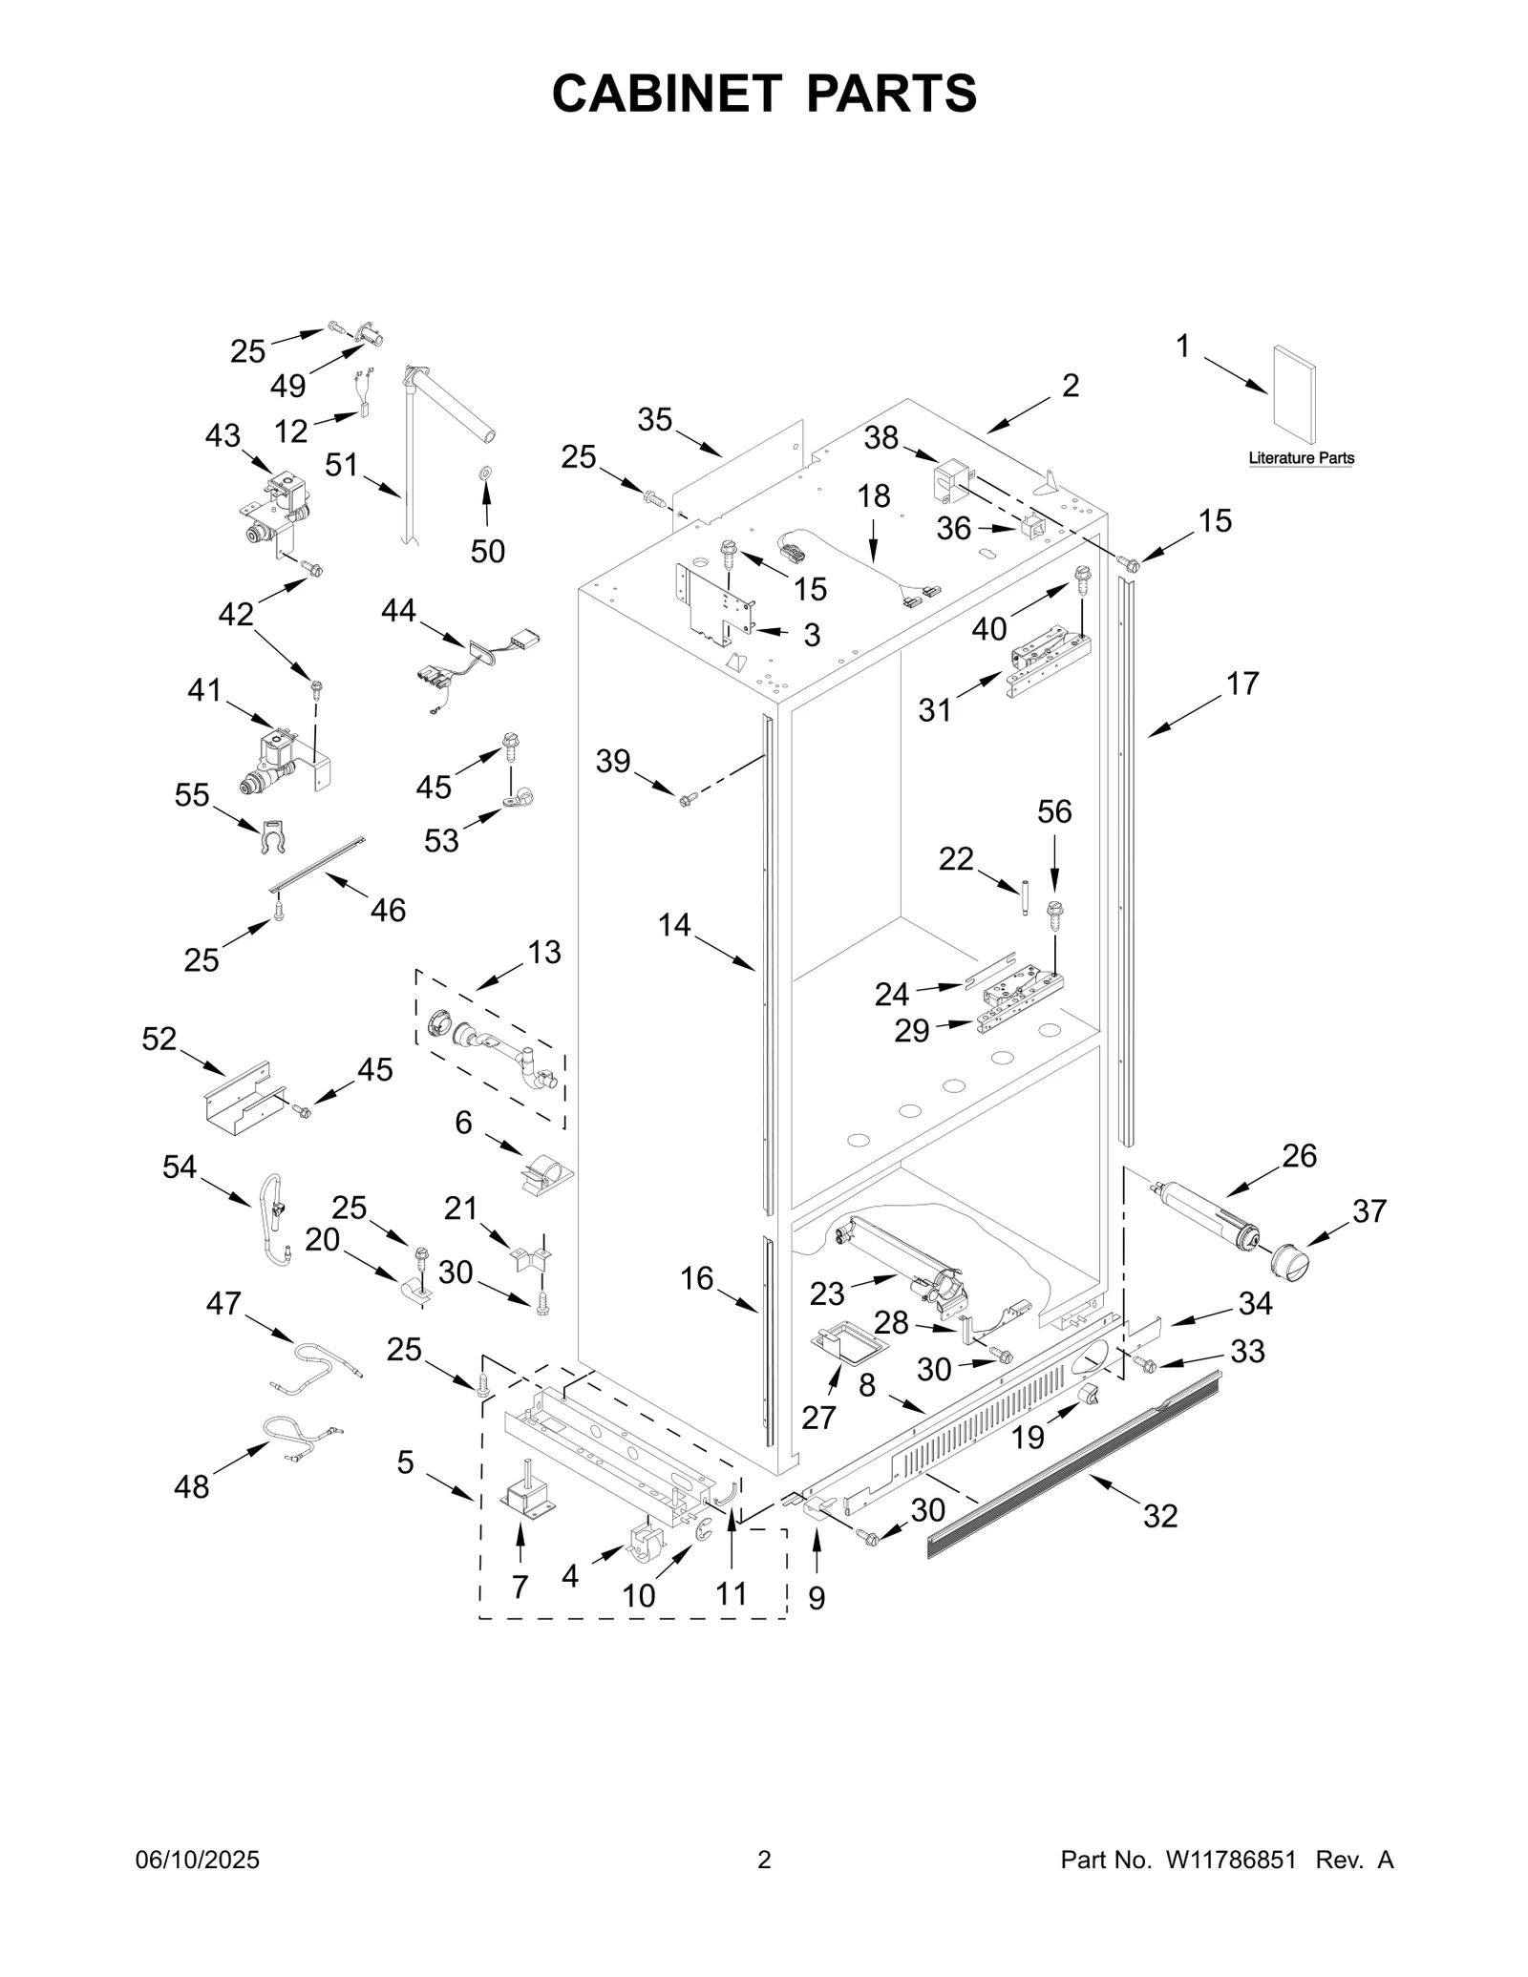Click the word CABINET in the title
coord(668,94)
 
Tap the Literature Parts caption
coord(1301,458)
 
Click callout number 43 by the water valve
coord(223,436)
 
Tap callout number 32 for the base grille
coord(1160,1516)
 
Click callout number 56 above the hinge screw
coord(1054,811)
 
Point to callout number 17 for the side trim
coord(1242,684)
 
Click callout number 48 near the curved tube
coord(191,1486)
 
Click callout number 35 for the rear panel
coord(655,419)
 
